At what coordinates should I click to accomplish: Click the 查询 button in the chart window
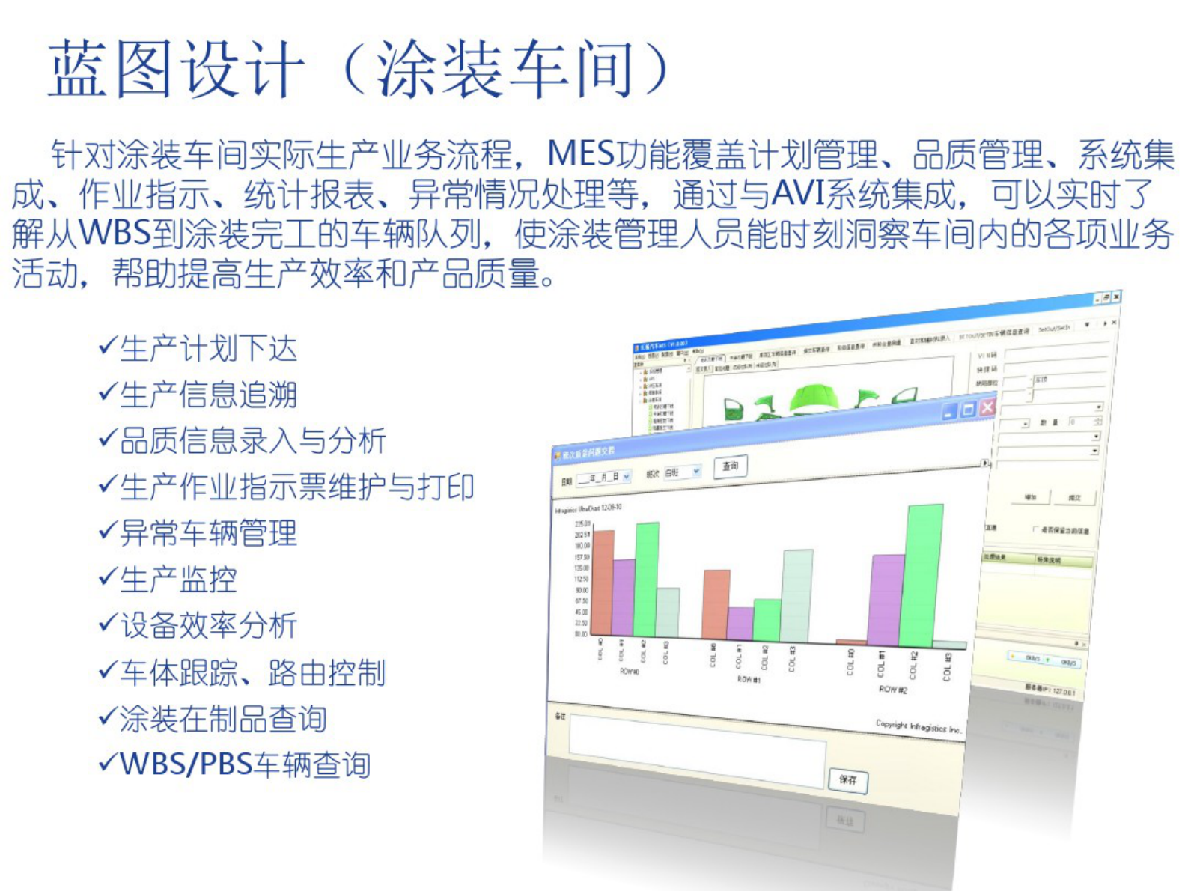pyautogui.click(x=730, y=466)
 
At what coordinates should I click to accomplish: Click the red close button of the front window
pyautogui.click(x=987, y=407)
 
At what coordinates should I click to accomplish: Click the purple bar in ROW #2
pyautogui.click(x=889, y=599)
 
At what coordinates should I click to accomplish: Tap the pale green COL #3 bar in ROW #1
pyautogui.click(x=797, y=595)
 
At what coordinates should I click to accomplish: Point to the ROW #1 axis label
pyautogui.click(x=749, y=679)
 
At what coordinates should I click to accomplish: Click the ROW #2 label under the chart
pyautogui.click(x=892, y=690)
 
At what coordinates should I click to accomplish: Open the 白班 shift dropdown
pyautogui.click(x=682, y=472)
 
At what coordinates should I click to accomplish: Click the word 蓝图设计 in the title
pyautogui.click(x=177, y=69)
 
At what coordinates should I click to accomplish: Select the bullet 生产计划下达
pyautogui.click(x=208, y=349)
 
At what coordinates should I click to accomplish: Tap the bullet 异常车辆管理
pyautogui.click(x=208, y=533)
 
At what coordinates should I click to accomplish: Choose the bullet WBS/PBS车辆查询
pyautogui.click(x=245, y=764)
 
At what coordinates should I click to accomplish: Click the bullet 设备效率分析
pyautogui.click(x=208, y=625)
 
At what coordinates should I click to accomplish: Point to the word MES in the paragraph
pyautogui.click(x=580, y=154)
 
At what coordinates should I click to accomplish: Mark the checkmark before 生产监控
pyautogui.click(x=108, y=577)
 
